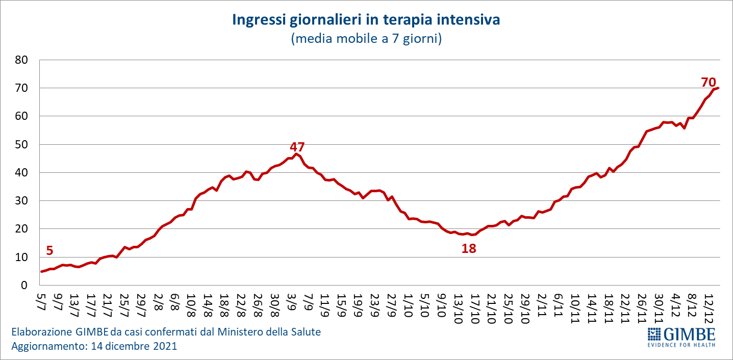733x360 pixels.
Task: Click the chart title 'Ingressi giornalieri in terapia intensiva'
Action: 366,20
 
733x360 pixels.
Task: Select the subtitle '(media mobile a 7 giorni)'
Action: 366,39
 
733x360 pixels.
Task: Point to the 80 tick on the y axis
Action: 27,60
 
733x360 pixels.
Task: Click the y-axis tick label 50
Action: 27,145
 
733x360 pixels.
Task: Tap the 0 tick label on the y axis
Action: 30,286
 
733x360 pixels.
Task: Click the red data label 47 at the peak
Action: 297,147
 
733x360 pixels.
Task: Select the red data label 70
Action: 709,82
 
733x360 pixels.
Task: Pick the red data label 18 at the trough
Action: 468,249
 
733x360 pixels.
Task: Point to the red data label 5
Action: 49,250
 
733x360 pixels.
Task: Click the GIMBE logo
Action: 681,337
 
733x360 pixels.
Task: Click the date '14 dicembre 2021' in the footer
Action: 134,346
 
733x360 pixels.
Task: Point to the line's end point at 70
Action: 718,88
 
